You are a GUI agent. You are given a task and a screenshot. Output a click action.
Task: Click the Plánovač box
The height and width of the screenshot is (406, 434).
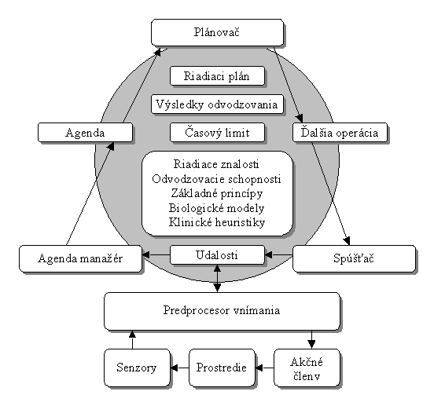[218, 32]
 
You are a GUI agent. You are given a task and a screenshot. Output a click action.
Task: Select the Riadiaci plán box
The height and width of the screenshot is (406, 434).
[217, 75]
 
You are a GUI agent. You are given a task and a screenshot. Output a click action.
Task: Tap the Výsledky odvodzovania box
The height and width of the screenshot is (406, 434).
[217, 104]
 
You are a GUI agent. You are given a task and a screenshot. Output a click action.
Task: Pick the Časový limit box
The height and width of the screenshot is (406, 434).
[217, 133]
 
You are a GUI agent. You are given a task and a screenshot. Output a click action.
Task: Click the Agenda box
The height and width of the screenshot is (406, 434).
[85, 133]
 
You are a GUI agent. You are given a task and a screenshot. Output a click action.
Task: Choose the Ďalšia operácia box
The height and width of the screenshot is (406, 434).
[340, 133]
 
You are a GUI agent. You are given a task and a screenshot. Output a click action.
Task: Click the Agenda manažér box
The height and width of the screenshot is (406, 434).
[80, 258]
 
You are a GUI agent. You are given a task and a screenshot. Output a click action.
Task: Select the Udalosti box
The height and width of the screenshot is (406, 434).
[217, 254]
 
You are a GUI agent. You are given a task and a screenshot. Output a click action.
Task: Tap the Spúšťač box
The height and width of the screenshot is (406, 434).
[354, 258]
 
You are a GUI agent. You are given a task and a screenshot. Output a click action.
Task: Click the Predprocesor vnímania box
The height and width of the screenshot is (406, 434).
[222, 311]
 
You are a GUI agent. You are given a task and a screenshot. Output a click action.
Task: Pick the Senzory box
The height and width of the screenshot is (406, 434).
[137, 368]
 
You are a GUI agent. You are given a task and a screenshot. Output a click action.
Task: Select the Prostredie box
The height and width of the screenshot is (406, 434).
[222, 368]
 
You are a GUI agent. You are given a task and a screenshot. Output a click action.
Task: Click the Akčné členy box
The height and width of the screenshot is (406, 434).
[307, 368]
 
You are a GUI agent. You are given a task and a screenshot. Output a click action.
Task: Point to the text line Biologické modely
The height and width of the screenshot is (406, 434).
[217, 208]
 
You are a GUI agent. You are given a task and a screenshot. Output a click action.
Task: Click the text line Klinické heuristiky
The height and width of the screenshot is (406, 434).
[217, 222]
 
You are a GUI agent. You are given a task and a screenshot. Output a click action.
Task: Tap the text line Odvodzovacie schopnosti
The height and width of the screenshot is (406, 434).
[216, 179]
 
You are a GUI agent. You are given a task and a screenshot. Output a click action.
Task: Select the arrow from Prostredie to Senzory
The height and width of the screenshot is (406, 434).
[179, 368]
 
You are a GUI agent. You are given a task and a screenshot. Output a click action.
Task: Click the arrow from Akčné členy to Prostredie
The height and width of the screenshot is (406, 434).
[265, 368]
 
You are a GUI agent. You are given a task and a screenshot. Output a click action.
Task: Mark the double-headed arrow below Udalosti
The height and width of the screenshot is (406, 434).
[218, 278]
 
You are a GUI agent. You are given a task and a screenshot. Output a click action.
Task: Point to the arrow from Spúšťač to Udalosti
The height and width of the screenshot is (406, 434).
[279, 254]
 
